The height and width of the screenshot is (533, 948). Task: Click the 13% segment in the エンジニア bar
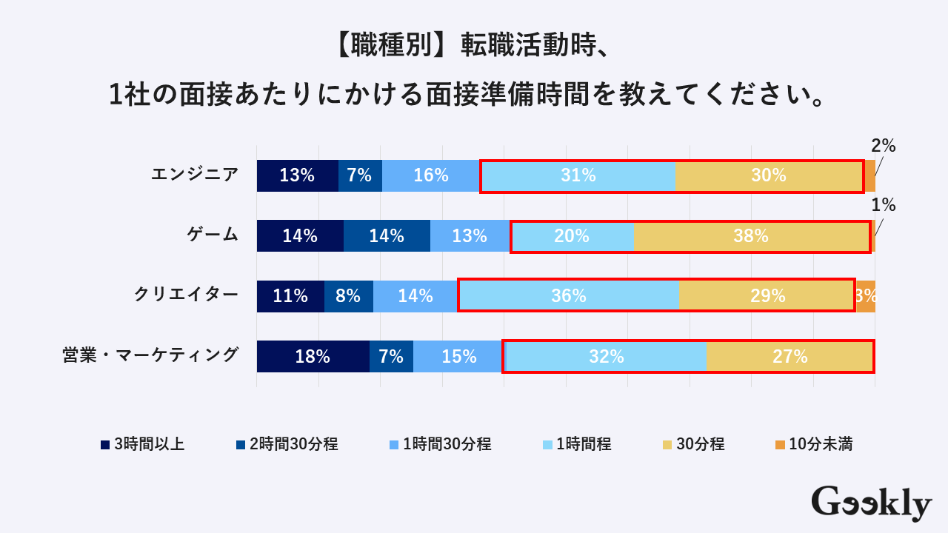click(297, 175)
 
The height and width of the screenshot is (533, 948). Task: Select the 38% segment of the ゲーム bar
click(751, 236)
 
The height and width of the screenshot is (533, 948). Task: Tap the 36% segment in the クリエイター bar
click(568, 296)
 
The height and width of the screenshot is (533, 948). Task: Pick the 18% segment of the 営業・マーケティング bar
click(313, 357)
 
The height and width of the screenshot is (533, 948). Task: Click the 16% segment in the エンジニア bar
click(431, 175)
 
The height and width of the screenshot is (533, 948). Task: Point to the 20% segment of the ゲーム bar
click(572, 236)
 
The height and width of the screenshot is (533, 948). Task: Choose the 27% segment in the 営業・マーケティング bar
click(790, 357)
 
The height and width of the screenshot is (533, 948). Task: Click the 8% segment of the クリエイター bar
click(348, 296)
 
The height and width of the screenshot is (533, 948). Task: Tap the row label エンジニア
click(195, 175)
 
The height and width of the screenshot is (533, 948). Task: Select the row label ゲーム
click(212, 235)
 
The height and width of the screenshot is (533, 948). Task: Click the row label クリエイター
click(186, 295)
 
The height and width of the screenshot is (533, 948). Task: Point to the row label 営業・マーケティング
click(150, 355)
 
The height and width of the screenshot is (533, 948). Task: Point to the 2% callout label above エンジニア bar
click(883, 146)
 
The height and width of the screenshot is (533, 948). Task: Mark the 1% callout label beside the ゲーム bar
click(884, 205)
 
